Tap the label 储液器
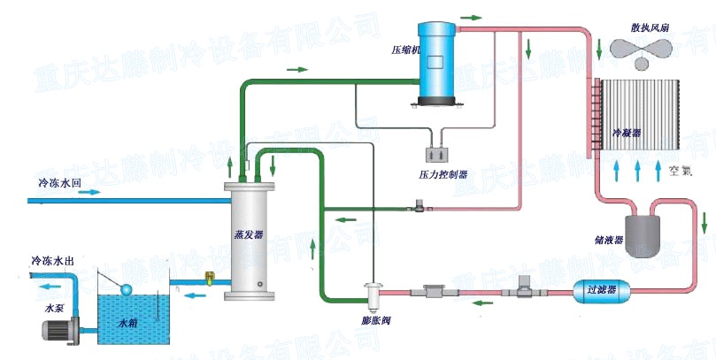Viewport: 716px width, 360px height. pos(610,239)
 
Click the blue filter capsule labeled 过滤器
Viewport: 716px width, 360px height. pos(602,287)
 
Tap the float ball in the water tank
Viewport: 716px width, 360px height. pos(127,289)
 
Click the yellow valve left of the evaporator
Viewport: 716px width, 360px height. pos(209,279)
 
